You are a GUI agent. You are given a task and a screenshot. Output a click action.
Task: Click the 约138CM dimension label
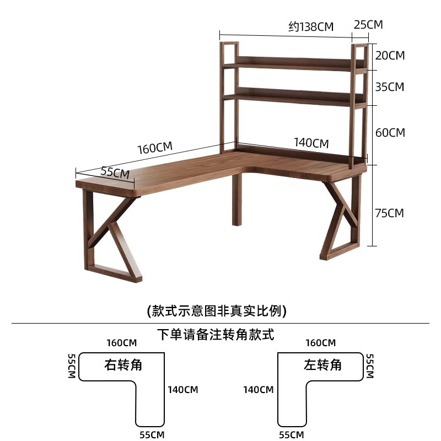[311, 26]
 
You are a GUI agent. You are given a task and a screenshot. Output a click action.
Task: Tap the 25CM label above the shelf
[368, 25]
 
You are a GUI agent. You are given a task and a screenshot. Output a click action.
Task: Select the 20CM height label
[390, 56]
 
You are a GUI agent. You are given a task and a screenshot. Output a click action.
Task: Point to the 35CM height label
[390, 87]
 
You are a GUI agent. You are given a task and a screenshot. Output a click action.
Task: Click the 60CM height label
[390, 133]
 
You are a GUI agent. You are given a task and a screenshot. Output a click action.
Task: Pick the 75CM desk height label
[390, 213]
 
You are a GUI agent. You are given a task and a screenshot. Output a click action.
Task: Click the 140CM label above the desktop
[311, 143]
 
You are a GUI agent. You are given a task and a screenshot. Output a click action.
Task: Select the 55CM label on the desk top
[115, 172]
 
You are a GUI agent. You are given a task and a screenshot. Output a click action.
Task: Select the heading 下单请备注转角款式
[216, 334]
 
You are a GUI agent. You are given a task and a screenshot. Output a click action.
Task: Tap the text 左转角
[322, 365]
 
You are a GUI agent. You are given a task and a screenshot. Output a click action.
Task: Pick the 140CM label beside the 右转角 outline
[183, 390]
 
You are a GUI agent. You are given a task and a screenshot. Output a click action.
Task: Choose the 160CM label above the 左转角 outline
[321, 343]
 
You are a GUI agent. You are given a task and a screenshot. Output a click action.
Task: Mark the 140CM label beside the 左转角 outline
[259, 390]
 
